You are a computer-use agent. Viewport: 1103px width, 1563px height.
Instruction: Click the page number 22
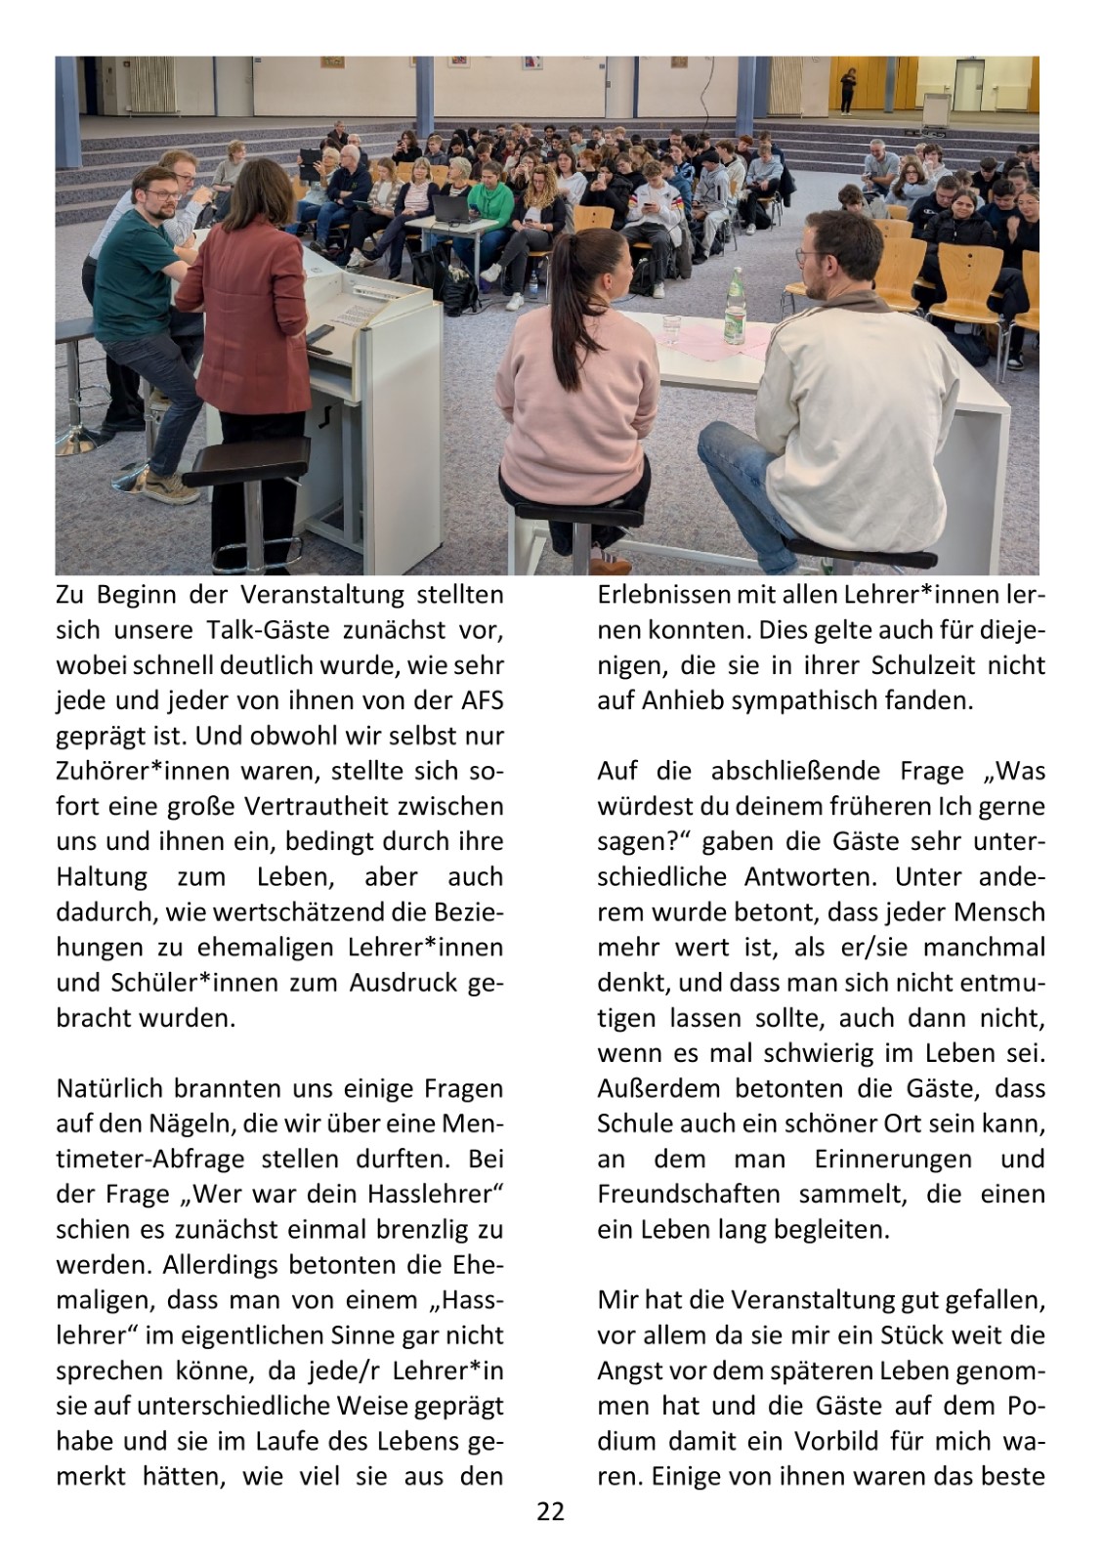pyautogui.click(x=551, y=1512)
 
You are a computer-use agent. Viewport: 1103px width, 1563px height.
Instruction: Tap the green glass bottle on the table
pyautogui.click(x=734, y=306)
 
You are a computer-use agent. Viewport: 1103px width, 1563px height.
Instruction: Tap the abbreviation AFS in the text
pyautogui.click(x=480, y=700)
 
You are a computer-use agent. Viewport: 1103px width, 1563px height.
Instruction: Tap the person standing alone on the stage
pyautogui.click(x=846, y=90)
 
